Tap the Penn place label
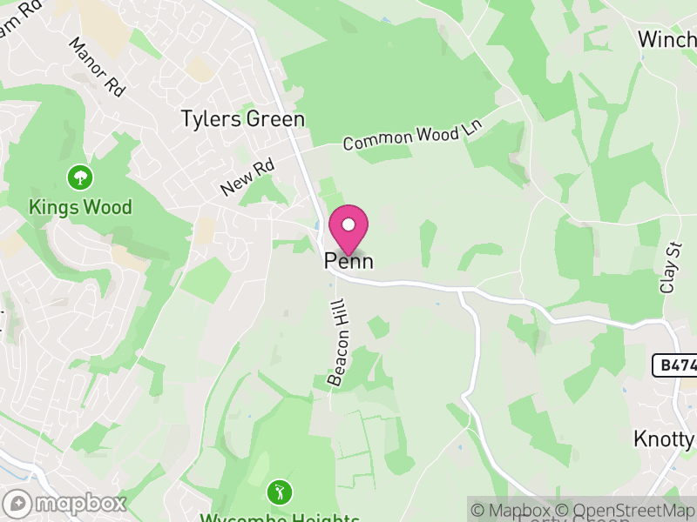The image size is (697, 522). coord(349,261)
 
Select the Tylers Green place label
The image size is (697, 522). coord(242,119)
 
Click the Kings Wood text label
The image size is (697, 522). coord(80,207)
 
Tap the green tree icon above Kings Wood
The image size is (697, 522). coord(80,178)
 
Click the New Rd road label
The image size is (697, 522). coord(247,177)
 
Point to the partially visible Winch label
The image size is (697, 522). coord(667,39)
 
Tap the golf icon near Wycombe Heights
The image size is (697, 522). coord(279,489)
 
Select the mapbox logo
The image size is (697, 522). coord(66,503)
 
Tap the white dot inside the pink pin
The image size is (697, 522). coord(348,225)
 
